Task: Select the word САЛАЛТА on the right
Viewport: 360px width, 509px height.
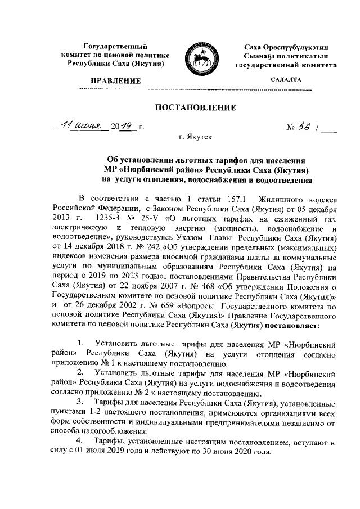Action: click(286, 80)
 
